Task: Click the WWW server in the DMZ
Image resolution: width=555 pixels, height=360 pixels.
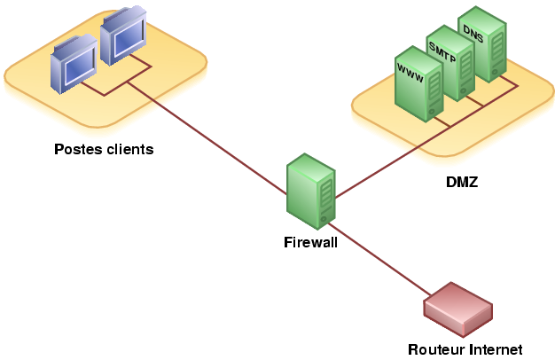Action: (x=419, y=84)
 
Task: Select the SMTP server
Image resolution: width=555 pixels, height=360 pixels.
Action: (x=449, y=63)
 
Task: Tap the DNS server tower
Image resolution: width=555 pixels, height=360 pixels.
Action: (x=482, y=44)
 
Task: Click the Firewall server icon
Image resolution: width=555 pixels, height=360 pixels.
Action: (x=311, y=192)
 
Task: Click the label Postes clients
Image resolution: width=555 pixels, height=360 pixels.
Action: (x=104, y=149)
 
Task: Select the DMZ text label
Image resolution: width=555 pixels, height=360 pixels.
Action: (x=462, y=182)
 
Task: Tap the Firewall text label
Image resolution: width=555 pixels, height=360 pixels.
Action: (x=311, y=242)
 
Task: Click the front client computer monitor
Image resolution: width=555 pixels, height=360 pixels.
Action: (x=74, y=64)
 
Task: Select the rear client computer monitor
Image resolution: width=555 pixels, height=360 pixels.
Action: (x=123, y=35)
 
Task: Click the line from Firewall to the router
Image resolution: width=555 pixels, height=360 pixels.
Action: (x=379, y=259)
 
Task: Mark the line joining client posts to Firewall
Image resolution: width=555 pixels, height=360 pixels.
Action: (x=207, y=138)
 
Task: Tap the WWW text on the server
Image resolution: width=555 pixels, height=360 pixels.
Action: (x=410, y=73)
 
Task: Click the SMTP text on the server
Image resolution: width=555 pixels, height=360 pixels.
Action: (x=442, y=52)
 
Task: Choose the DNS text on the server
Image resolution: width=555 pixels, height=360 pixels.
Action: (x=473, y=34)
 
